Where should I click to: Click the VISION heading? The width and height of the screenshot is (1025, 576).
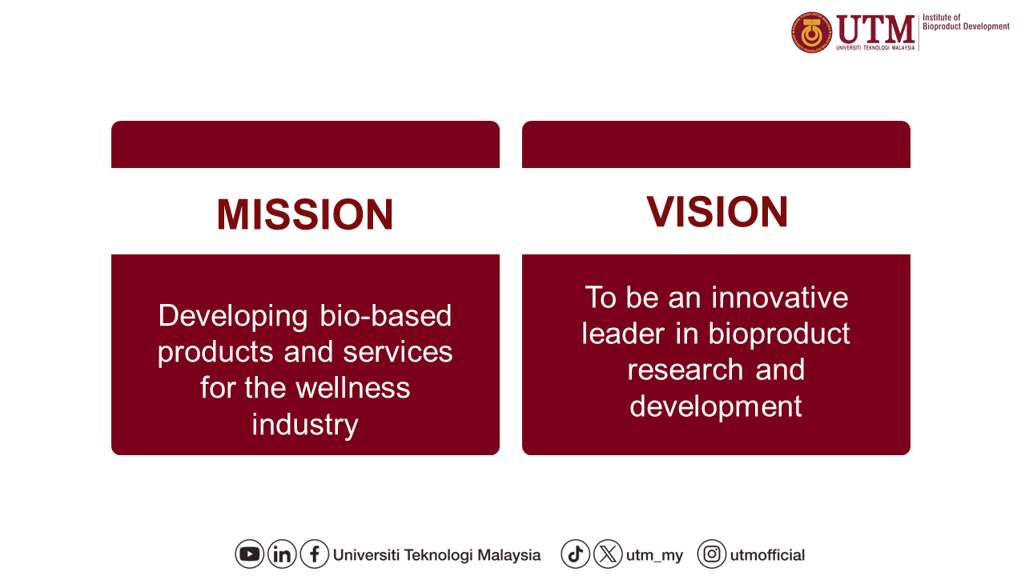[717, 211]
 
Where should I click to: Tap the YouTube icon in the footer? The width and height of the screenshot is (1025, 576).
[249, 554]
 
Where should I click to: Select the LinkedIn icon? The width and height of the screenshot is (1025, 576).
[282, 554]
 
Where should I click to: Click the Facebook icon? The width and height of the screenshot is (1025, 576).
[315, 554]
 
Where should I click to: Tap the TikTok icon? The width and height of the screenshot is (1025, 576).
[575, 554]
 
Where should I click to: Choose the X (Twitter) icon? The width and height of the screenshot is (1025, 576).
[608, 554]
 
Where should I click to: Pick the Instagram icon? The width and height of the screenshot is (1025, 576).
[712, 554]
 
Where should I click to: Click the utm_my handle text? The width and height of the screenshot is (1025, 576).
[654, 555]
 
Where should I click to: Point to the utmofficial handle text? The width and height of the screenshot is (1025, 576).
[767, 555]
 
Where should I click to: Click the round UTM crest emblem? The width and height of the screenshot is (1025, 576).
[812, 33]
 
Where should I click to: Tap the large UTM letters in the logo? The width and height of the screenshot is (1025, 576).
[876, 29]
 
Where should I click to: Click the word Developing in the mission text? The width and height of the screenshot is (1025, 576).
[233, 316]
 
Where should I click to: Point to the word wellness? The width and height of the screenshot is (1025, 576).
[353, 388]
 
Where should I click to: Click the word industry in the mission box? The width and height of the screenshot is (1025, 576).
[305, 425]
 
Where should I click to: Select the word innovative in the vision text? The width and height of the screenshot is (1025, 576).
[780, 298]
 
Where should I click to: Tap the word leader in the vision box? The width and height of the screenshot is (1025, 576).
[623, 334]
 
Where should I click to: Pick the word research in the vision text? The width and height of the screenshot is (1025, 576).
[685, 370]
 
